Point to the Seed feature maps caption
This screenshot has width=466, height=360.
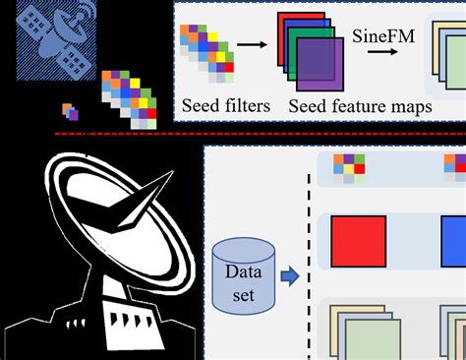(361, 105)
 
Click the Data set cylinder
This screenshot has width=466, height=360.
(243, 276)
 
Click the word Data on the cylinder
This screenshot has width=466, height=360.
(243, 268)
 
